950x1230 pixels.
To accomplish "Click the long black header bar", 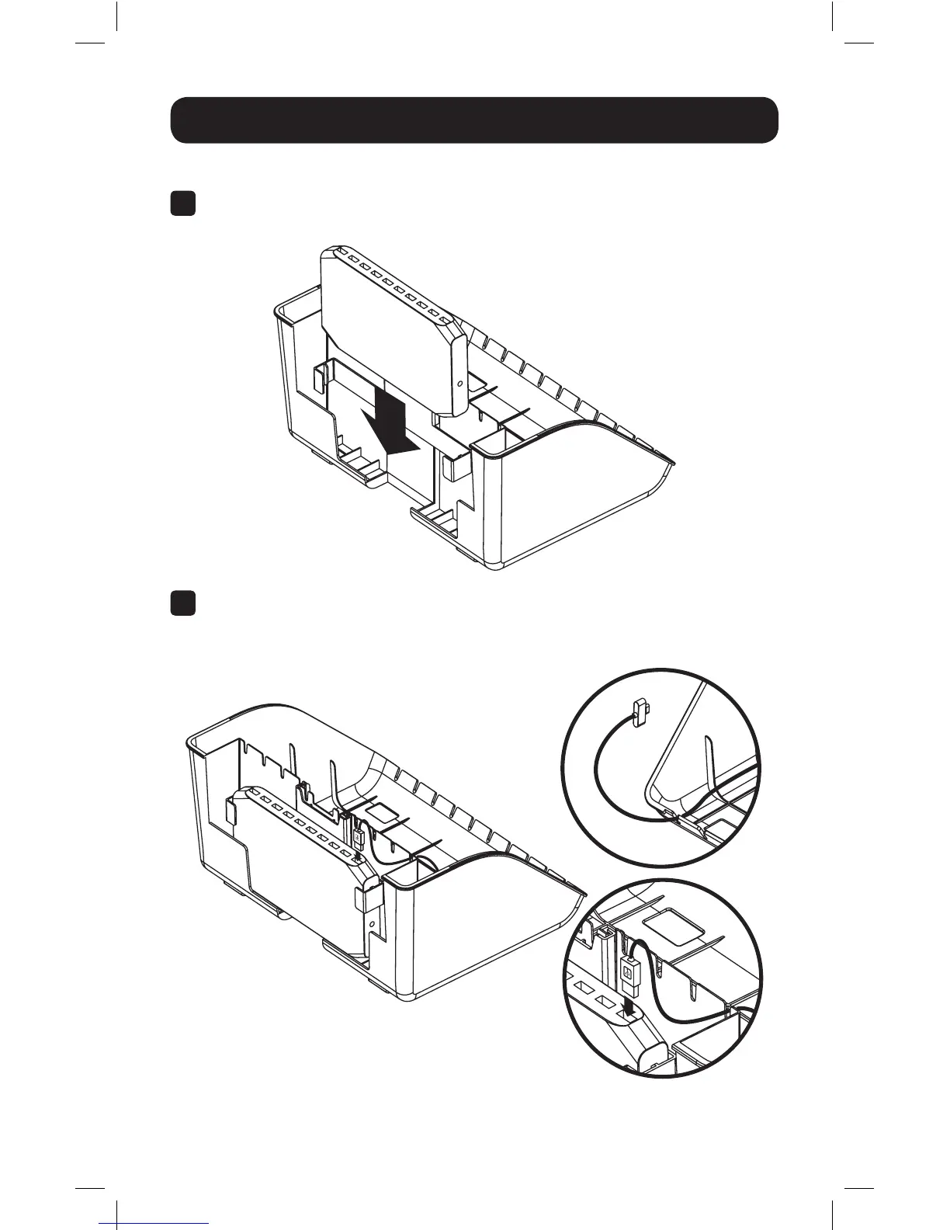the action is tap(474, 120).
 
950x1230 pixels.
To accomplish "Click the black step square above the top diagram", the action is tap(182, 204).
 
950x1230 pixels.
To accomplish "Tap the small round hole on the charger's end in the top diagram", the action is tap(459, 384).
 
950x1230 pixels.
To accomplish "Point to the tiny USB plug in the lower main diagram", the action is tap(359, 839).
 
